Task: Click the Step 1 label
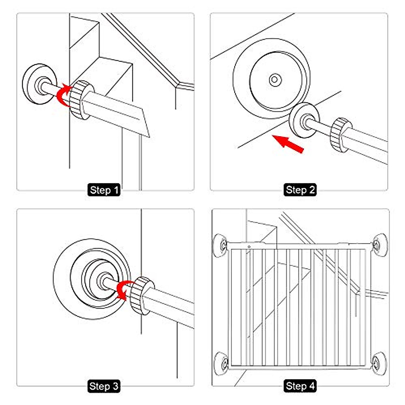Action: [105, 190]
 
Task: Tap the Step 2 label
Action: [300, 190]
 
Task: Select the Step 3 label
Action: [104, 386]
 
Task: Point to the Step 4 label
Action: [300, 386]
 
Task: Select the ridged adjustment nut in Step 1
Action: [80, 100]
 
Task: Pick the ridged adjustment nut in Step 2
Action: [341, 135]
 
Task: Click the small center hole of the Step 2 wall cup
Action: [274, 80]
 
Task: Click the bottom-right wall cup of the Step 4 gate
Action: [378, 362]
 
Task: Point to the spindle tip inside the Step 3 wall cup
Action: [102, 280]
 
